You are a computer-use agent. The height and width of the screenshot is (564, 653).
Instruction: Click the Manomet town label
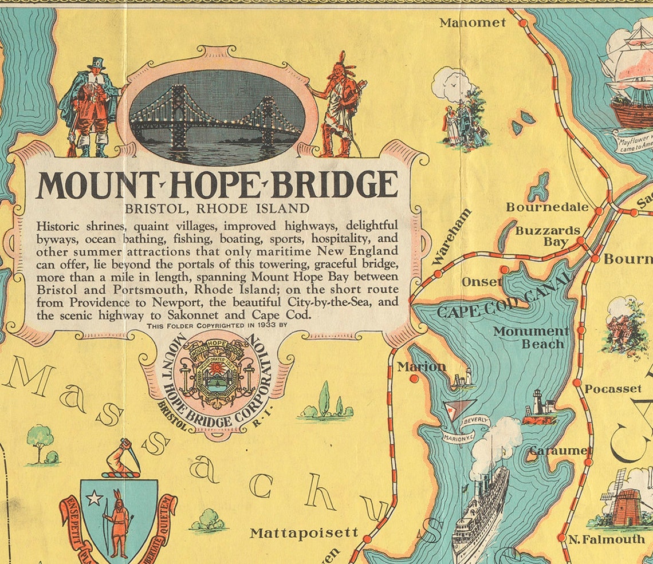pyautogui.click(x=473, y=22)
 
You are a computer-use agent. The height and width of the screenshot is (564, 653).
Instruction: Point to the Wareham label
pyautogui.click(x=452, y=236)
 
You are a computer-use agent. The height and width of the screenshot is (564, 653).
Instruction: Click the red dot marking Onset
pyautogui.click(x=504, y=269)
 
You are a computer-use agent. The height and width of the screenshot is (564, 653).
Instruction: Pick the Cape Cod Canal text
pyautogui.click(x=504, y=297)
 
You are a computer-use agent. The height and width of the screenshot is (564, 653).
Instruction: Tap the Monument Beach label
pyautogui.click(x=531, y=337)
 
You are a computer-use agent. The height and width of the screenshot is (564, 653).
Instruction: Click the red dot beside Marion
pyautogui.click(x=414, y=378)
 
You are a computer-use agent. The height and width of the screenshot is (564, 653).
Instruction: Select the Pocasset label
pyautogui.click(x=612, y=389)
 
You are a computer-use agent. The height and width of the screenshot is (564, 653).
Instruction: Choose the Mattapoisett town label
pyautogui.click(x=304, y=533)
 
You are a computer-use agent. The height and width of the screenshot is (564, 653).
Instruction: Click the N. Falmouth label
pyautogui.click(x=606, y=539)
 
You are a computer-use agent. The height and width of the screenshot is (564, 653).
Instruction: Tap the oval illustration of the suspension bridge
pyautogui.click(x=215, y=117)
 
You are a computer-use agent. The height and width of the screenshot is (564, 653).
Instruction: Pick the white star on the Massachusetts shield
pyautogui.click(x=94, y=498)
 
